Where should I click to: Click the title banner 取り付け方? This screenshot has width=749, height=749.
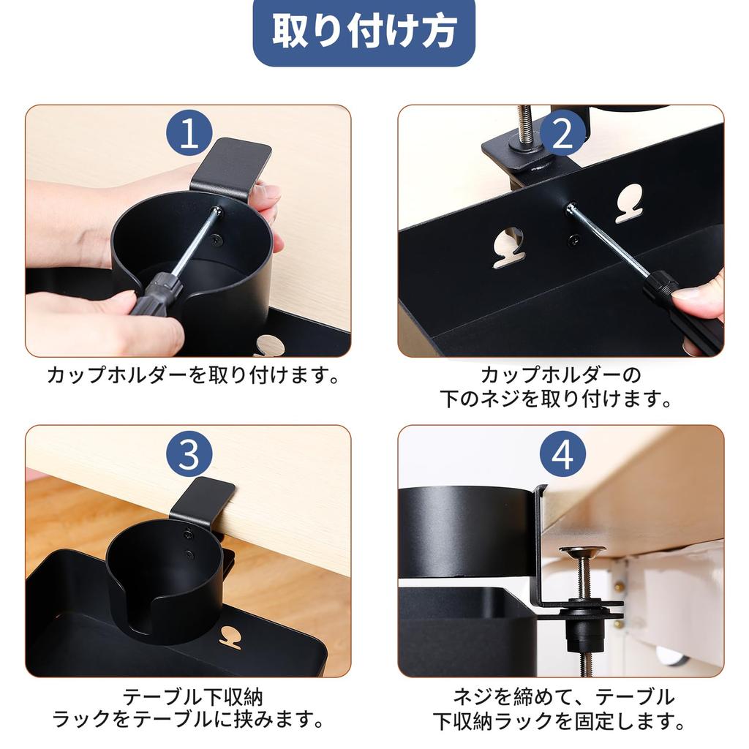point(364,31)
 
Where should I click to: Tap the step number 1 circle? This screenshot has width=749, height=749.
point(189,133)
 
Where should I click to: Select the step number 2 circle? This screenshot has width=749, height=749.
point(562,133)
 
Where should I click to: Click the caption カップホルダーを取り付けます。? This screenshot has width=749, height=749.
point(192,376)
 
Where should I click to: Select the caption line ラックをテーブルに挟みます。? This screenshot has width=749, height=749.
point(188,719)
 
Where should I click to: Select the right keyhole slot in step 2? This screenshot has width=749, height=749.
point(629,203)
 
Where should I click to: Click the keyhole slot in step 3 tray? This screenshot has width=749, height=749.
point(231,637)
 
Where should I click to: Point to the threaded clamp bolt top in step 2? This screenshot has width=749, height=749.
point(524,121)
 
